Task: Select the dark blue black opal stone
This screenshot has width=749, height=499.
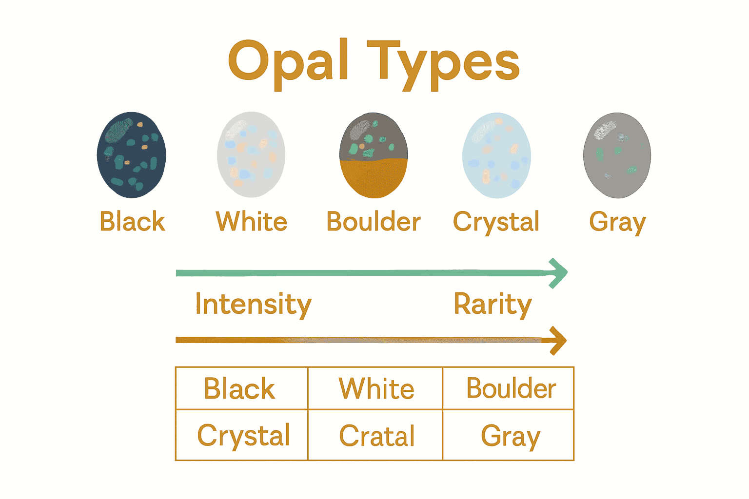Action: click(x=132, y=155)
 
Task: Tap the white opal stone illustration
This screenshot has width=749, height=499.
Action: click(x=251, y=154)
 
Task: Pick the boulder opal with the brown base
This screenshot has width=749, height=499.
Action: click(x=374, y=155)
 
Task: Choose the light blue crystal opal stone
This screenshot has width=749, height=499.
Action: click(x=496, y=155)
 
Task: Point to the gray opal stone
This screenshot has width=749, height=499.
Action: click(x=617, y=155)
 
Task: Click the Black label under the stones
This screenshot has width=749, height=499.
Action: click(x=132, y=222)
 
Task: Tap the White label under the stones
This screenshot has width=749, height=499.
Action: click(x=251, y=222)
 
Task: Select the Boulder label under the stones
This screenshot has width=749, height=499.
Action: click(x=374, y=222)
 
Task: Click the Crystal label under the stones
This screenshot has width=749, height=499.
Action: click(x=496, y=222)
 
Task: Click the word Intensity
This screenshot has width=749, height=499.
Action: click(x=253, y=305)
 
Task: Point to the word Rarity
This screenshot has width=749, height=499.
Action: click(x=493, y=305)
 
